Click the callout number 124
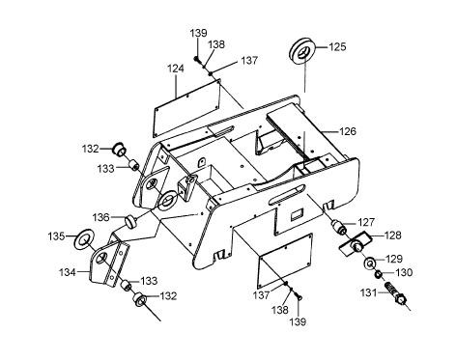[x=176, y=69]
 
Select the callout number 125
[x=337, y=47]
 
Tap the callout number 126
[x=348, y=131]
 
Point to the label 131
[x=368, y=292]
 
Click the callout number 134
[x=68, y=272]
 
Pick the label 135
[x=57, y=236]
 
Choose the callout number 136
[x=101, y=217]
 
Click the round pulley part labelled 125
[x=301, y=52]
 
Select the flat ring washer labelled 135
[x=83, y=238]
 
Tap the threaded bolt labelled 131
[x=395, y=293]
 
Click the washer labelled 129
[x=370, y=263]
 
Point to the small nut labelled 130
[x=379, y=274]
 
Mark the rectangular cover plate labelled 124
[x=187, y=107]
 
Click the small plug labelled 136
[x=130, y=222]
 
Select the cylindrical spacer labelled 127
[x=339, y=227]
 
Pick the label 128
[x=393, y=235]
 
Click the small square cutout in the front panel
[x=297, y=214]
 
